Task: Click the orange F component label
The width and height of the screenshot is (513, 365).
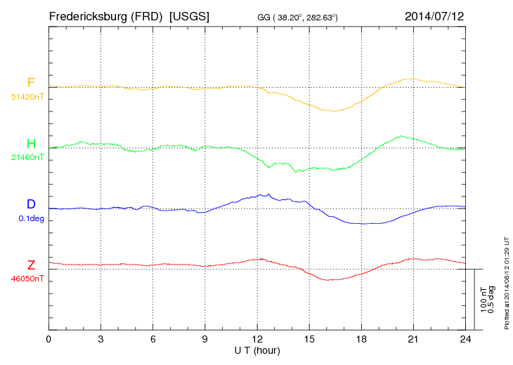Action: tap(31, 83)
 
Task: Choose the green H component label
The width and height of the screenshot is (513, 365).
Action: tap(31, 144)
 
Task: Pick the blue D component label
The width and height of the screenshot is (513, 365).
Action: tap(31, 204)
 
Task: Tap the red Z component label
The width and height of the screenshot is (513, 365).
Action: tap(31, 265)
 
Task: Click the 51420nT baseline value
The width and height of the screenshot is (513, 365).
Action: tap(27, 97)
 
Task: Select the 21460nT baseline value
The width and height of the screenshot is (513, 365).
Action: tap(27, 158)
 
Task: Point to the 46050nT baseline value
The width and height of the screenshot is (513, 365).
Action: tap(27, 279)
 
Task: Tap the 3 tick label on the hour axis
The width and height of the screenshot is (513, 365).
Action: tap(100, 339)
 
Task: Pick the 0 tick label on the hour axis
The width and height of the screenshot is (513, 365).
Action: tap(48, 339)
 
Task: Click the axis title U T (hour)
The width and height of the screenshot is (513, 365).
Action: tap(257, 350)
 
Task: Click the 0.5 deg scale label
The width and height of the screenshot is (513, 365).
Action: tap(492, 300)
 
